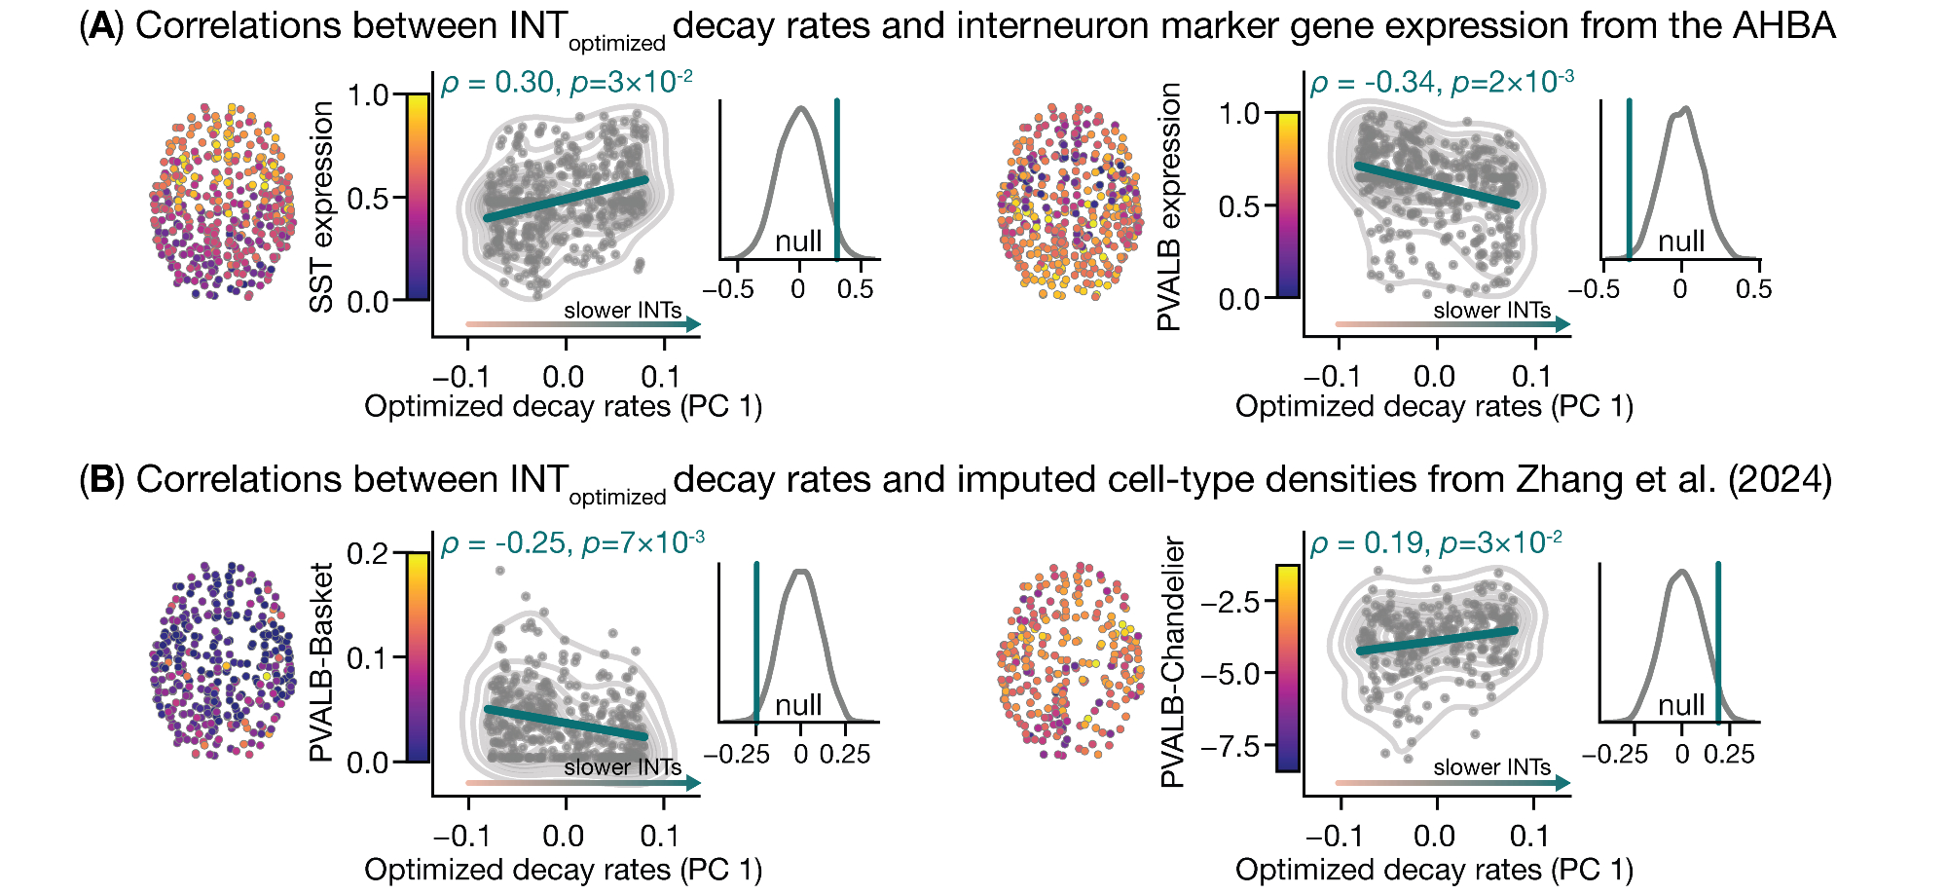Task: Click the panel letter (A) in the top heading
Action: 101,27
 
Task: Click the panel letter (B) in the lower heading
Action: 101,481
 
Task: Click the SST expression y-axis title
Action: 322,206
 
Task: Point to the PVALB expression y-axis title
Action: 1170,206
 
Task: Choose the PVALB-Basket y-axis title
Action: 322,662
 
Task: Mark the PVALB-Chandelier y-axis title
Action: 1173,662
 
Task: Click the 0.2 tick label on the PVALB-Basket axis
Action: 368,553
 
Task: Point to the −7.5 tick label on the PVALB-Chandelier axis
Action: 1231,747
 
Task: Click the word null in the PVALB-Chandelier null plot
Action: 1681,704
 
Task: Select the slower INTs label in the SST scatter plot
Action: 622,311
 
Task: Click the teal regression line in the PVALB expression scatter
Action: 1436,185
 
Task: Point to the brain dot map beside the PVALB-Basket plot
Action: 222,660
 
